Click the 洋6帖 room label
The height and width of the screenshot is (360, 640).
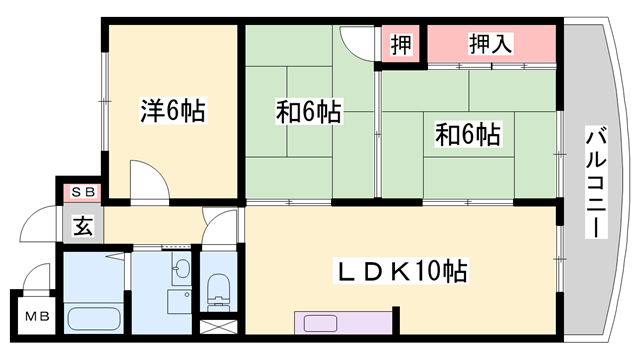tap(172, 111)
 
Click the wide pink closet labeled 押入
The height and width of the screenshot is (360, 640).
tap(491, 44)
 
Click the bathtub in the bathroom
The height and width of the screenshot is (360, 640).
tap(93, 321)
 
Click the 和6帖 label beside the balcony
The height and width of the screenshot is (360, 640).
tap(467, 132)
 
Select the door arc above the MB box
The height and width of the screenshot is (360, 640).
tap(38, 274)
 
